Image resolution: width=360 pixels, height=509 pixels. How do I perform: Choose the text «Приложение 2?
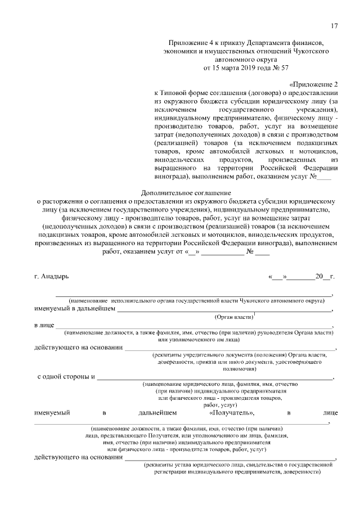click(x=313, y=84)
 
